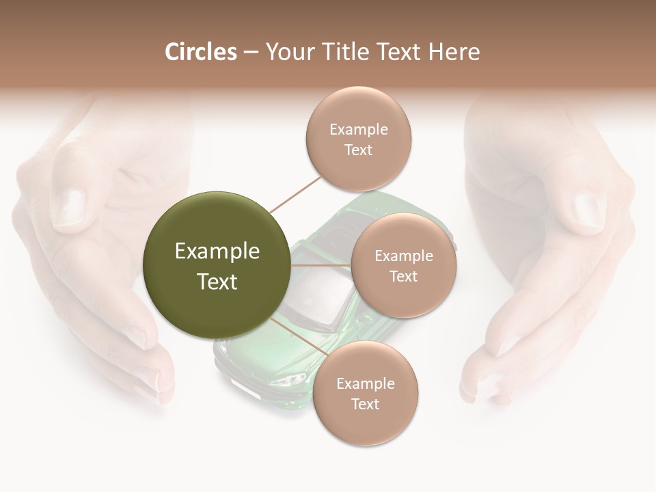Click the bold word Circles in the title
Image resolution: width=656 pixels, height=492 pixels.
[x=200, y=52]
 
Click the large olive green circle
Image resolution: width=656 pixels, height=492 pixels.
[x=217, y=265]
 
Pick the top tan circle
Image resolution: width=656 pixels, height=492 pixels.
[x=358, y=139]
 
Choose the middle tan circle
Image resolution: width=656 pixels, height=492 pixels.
[x=403, y=265]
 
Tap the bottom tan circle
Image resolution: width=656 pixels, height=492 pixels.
[x=365, y=393]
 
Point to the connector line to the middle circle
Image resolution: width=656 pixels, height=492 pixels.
[x=321, y=265]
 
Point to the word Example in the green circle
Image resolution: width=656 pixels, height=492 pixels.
[x=217, y=251]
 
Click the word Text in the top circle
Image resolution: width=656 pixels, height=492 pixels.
[x=358, y=150]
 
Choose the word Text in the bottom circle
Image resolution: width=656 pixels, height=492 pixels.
[x=365, y=404]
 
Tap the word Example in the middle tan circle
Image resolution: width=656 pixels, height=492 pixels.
[x=403, y=256]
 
